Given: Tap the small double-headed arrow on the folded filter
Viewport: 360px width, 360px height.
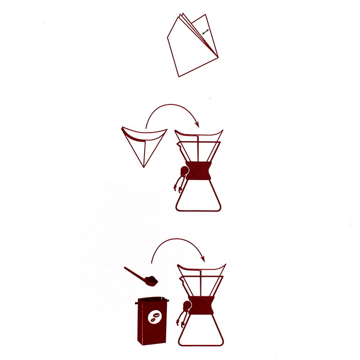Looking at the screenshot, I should point(206,31).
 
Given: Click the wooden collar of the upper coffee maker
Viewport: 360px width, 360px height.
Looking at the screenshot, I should point(199,171).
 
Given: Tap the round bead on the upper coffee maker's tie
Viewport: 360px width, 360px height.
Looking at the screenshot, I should point(185,175).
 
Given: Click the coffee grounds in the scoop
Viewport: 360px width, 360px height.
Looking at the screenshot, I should point(152,280).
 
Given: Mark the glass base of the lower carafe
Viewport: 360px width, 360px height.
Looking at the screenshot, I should point(202,331).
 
